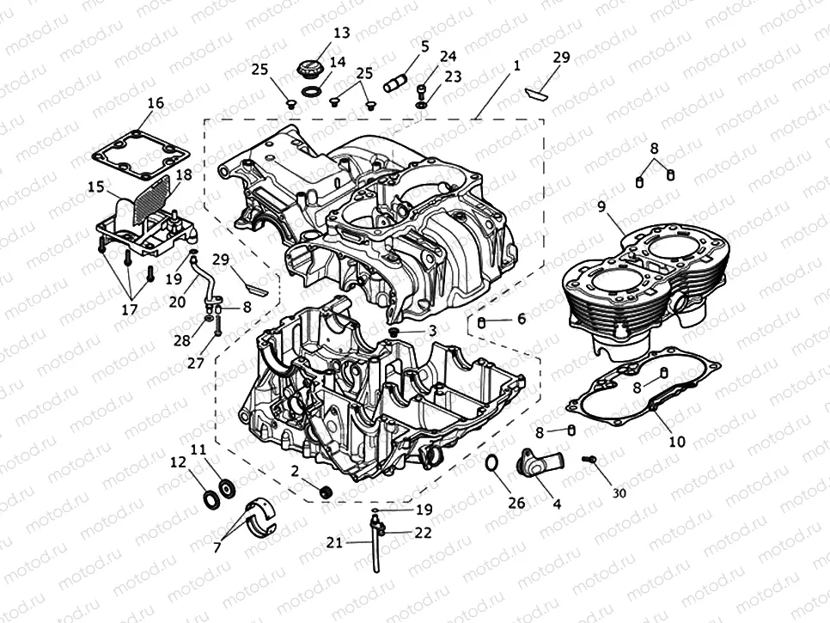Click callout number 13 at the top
pos(341,33)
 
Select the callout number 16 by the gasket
pos(155,103)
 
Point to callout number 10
pos(676,443)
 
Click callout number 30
pos(619,492)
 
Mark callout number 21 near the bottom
pos(335,542)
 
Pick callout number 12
pos(178,462)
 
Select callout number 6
pos(521,319)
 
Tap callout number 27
pos(195,363)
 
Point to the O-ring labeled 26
pos(491,464)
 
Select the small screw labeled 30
pos(589,461)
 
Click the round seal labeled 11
pos(228,488)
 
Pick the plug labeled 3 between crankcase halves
pos(394,331)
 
